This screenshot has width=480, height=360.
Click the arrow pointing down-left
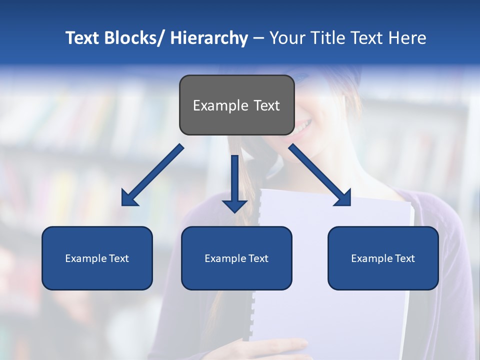pos(152,175)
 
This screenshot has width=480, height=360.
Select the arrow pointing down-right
pos(320,175)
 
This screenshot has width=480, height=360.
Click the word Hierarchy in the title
pos(209,38)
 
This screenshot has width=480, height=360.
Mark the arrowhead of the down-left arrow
pos(128,198)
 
